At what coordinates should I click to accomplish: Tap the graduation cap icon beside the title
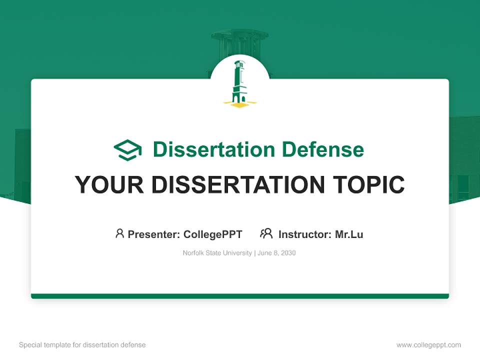pyautogui.click(x=127, y=150)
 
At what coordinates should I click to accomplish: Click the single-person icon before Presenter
pyautogui.click(x=119, y=233)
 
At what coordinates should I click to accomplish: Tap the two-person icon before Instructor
pyautogui.click(x=266, y=233)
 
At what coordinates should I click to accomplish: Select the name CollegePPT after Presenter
pyautogui.click(x=213, y=234)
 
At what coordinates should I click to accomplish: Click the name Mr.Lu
pyautogui.click(x=349, y=234)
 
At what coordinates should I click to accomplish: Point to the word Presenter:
pyautogui.click(x=154, y=234)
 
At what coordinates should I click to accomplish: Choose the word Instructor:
pyautogui.click(x=304, y=234)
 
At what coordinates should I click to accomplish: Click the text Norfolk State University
pyautogui.click(x=217, y=253)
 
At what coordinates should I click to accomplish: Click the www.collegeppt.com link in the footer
pyautogui.click(x=428, y=345)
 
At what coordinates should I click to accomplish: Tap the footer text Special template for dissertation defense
pyautogui.click(x=82, y=345)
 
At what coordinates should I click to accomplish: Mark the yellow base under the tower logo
pyautogui.click(x=239, y=104)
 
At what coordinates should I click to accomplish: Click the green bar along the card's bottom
pyautogui.click(x=240, y=296)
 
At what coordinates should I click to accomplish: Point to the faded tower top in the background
pyautogui.click(x=239, y=37)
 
